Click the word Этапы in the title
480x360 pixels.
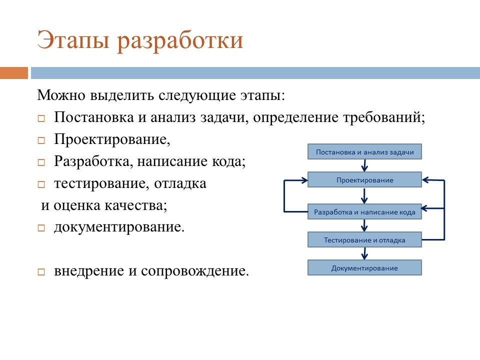click(73, 40)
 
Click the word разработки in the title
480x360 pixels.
click(180, 41)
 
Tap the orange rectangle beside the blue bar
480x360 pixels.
click(14, 73)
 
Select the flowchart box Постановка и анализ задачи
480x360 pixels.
click(364, 152)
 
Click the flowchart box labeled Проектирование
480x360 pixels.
click(364, 179)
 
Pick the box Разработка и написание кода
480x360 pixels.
click(364, 212)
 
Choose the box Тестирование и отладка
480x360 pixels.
click(364, 239)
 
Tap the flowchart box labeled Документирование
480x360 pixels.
click(364, 268)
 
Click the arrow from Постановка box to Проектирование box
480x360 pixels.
click(364, 165)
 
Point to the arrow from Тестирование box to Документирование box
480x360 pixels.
click(364, 253)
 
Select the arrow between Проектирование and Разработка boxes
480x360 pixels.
click(364, 195)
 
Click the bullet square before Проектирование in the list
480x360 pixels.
click(41, 140)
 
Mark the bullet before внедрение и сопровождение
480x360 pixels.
click(41, 272)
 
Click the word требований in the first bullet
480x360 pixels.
click(384, 117)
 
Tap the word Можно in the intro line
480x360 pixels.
click(61, 95)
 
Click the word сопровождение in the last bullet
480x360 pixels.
click(194, 271)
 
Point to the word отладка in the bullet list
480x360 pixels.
click(180, 183)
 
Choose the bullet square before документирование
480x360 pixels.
click(41, 228)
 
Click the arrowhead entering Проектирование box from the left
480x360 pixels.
click(304, 180)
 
